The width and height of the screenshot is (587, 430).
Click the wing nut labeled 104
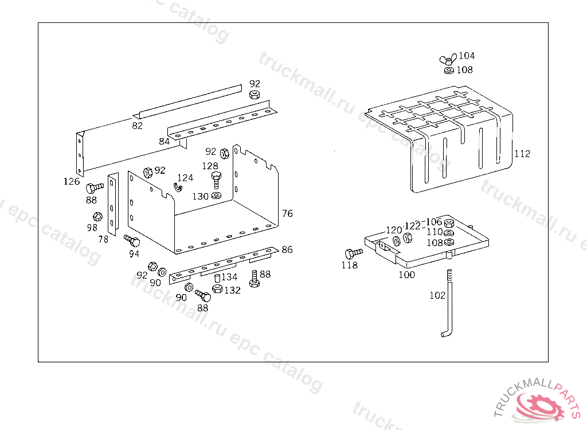(x=448, y=59)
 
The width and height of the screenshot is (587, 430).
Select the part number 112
(x=522, y=154)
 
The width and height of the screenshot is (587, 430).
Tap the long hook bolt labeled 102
(x=448, y=303)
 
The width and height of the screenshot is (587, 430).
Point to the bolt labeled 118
(x=353, y=253)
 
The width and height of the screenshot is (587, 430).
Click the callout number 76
(x=288, y=213)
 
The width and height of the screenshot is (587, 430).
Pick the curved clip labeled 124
(x=178, y=186)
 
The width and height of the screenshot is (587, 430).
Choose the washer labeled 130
(x=216, y=195)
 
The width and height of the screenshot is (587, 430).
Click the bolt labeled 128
(x=216, y=180)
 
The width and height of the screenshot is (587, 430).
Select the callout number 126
(x=72, y=182)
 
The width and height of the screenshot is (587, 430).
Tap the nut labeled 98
(x=97, y=217)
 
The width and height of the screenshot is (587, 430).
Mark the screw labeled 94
(x=132, y=241)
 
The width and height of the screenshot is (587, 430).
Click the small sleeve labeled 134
(x=217, y=278)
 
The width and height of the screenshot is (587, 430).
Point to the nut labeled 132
(x=217, y=289)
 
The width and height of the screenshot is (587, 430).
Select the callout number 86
(x=287, y=250)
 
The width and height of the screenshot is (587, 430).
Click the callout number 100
(x=406, y=275)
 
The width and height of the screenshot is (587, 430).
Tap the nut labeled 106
(x=449, y=223)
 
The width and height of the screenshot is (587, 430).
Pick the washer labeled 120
(x=397, y=241)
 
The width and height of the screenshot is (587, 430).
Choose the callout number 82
(x=138, y=126)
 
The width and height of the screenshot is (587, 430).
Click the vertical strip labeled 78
(x=113, y=204)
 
